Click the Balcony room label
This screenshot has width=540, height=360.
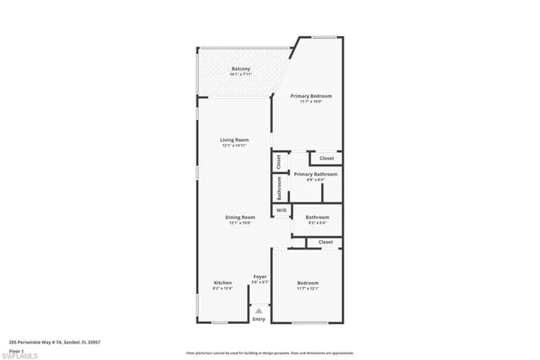tap(241, 70)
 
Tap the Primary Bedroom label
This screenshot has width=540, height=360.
tap(311, 96)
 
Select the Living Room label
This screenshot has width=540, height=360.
tap(234, 139)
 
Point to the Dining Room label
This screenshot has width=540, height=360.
tap(240, 217)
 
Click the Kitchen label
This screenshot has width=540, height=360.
tap(223, 283)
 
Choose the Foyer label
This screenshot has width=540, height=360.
tap(259, 277)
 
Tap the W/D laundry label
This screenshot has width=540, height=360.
tap(281, 211)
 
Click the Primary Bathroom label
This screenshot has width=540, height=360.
tap(315, 174)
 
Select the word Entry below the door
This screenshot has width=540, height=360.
tap(259, 319)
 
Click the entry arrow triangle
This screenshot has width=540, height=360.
tap(259, 308)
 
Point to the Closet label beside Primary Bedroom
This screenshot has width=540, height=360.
tap(326, 158)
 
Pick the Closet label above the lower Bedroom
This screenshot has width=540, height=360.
tap(325, 242)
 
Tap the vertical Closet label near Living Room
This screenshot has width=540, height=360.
tap(278, 161)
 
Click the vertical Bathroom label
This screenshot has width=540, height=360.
tap(280, 188)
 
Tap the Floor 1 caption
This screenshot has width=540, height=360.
tap(16, 351)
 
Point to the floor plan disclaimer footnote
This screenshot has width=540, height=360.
tap(269, 352)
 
